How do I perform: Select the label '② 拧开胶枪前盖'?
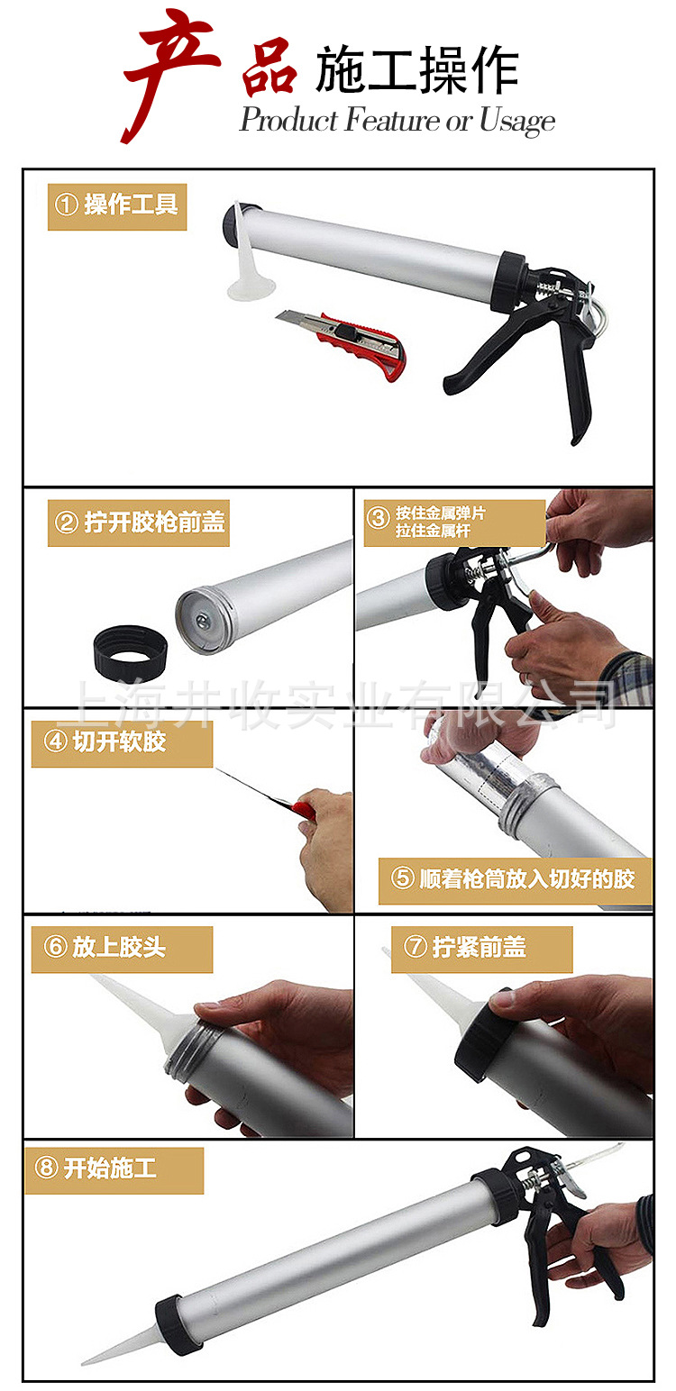click(x=139, y=523)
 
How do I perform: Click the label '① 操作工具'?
click(x=117, y=205)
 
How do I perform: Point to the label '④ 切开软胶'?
click(x=122, y=743)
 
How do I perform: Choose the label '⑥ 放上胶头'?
click(x=122, y=948)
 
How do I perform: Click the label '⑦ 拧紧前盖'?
click(x=481, y=948)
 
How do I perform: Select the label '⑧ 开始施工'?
click(x=114, y=1169)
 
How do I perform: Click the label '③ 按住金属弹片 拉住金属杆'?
click(x=454, y=522)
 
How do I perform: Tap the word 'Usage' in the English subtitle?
click(x=516, y=121)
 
